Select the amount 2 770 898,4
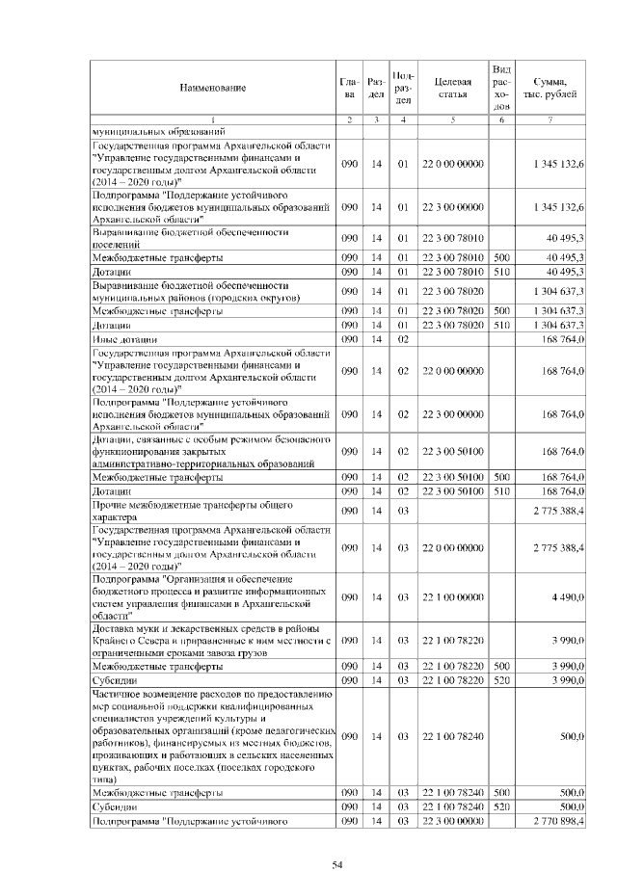coord(553,821)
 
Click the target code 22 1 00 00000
coord(452,597)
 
